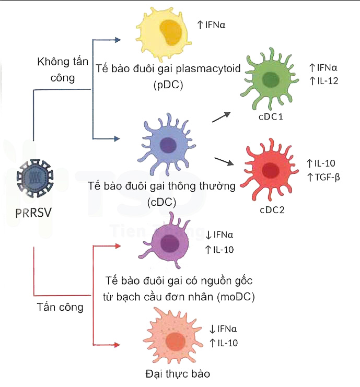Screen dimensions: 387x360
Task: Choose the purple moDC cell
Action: (168, 242)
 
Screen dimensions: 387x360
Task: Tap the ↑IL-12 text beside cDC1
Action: (324, 80)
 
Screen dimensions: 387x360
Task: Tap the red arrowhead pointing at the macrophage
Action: (117, 345)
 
